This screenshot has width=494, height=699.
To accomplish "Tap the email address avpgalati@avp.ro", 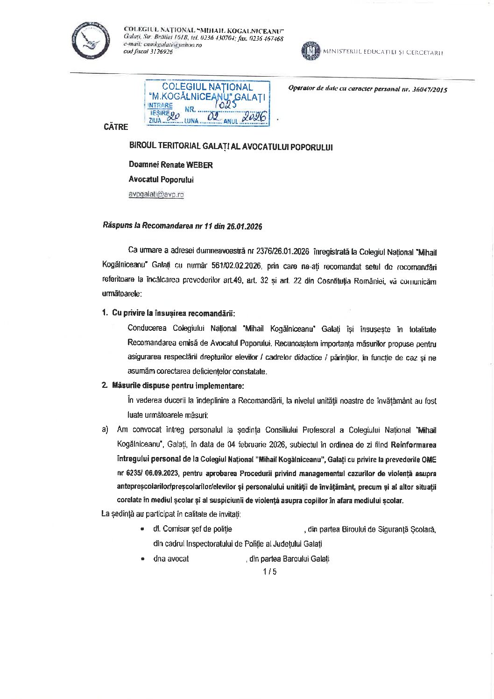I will (x=156, y=195).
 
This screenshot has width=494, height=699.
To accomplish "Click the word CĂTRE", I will (x=116, y=127).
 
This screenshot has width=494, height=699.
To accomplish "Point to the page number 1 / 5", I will (x=270, y=571).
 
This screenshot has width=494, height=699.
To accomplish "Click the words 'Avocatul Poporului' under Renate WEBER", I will (x=161, y=179).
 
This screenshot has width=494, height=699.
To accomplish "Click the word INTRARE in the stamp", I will (x=160, y=106).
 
